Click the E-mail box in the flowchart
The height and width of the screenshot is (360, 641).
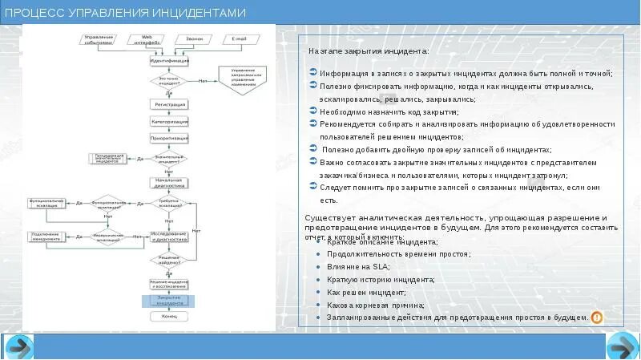click(240, 38)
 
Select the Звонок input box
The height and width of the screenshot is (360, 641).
click(194, 38)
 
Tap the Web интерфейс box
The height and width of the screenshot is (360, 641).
click(147, 38)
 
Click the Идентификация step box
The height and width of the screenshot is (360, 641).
click(169, 61)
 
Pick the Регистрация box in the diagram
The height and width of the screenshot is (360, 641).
click(169, 104)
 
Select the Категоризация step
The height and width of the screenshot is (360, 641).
click(169, 122)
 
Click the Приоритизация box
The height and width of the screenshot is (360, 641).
click(169, 138)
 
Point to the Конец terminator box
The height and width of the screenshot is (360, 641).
click(169, 317)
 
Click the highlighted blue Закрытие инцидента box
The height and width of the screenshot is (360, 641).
click(169, 301)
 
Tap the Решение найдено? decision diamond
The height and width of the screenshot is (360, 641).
click(169, 260)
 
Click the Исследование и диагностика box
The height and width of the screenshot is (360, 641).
click(169, 237)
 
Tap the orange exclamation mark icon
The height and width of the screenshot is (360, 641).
click(596, 318)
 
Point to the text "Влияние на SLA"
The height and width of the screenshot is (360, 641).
click(358, 266)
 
